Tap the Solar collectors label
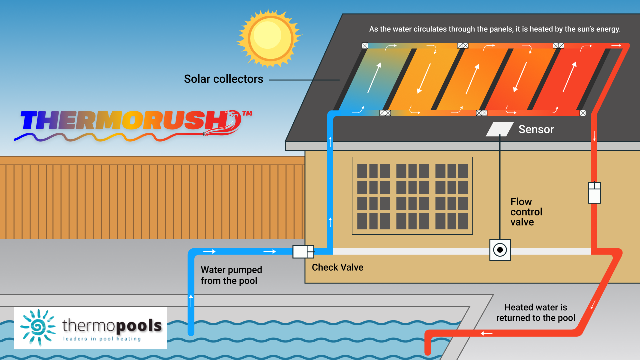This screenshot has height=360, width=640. pos(223,79)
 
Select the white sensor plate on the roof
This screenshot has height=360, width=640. pos(500,129)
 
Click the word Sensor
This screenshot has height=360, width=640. pos(536,130)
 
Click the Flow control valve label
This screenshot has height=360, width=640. pos(526,212)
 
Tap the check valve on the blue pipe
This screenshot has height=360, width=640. pos(303,251)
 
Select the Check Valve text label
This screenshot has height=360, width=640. pos(337,267)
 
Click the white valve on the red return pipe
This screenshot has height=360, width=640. pos(594,193)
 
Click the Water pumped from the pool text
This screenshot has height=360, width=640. pos(231,275)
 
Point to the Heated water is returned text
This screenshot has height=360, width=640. pos(535,313)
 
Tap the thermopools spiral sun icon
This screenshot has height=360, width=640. pos(38,327)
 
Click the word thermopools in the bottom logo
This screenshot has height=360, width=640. pos(112,326)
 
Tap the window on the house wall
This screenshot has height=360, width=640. pos(412,196)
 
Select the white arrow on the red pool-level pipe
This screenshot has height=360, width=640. pos(487,333)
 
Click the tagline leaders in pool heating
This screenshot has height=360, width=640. pos(102,339)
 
